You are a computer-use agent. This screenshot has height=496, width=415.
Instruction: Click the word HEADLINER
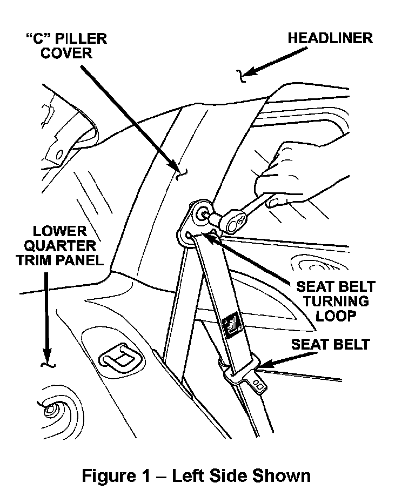pyautogui.click(x=330, y=38)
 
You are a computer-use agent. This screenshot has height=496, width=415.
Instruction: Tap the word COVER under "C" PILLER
pyautogui.click(x=67, y=53)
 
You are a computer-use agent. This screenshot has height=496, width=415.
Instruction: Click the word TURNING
pyautogui.click(x=335, y=301)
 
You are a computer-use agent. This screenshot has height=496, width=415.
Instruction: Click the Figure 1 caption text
pyautogui.click(x=196, y=475)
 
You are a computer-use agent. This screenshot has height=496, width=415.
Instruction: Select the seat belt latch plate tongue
pyautogui.click(x=258, y=384)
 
